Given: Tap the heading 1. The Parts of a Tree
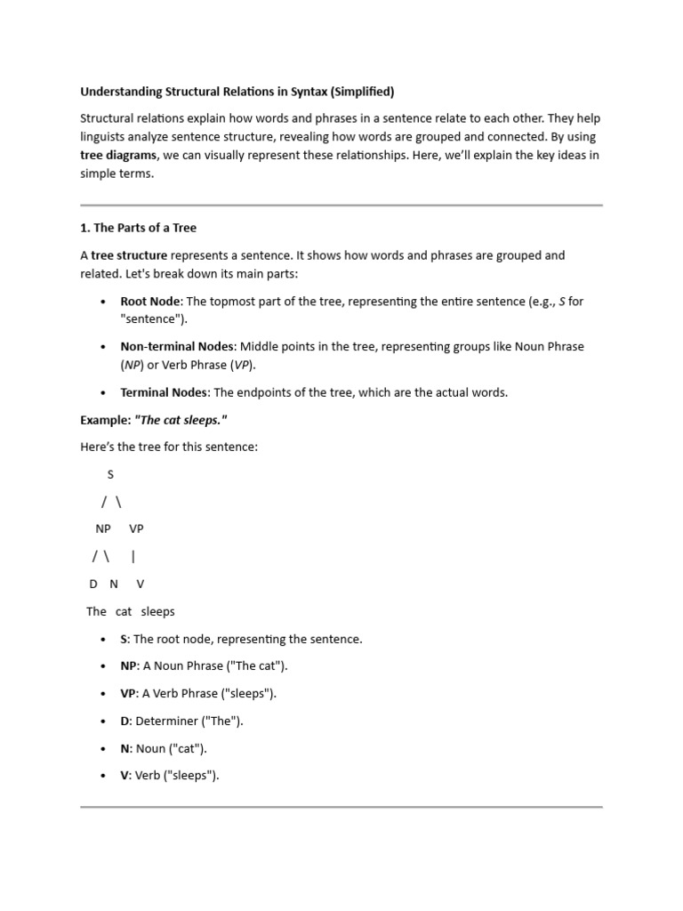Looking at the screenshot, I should pos(138,228).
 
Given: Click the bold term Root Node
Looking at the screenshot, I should pos(150,302).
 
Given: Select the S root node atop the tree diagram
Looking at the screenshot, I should pos(110,474).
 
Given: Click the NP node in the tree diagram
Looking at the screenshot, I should pos(103,528).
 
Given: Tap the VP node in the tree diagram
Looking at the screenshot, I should pos(136,528).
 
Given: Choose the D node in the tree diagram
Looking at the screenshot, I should pos(93,584).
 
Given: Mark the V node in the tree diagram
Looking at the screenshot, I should pos(140,584).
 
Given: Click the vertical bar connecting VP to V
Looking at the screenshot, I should pos(133,557).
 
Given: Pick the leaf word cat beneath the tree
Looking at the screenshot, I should pos(124,611).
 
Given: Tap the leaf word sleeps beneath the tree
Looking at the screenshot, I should pos(158,611).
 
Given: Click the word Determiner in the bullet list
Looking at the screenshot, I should pos(165,721).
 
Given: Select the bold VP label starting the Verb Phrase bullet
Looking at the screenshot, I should pos(129,693).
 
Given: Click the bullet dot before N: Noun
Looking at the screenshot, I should pos(104,749).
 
